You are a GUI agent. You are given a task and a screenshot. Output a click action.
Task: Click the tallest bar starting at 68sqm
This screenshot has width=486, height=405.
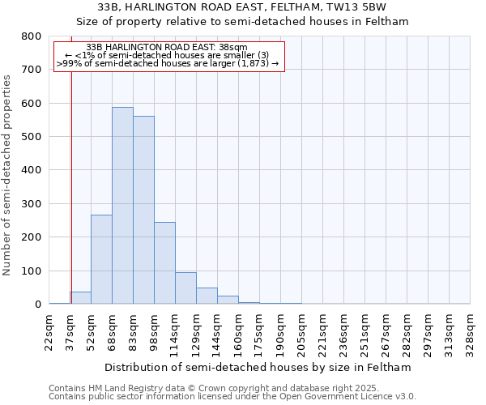pyautogui.click(x=122, y=206)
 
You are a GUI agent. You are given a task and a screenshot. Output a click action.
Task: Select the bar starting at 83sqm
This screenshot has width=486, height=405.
pyautogui.click(x=143, y=210)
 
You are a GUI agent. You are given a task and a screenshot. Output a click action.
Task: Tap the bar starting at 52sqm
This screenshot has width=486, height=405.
pyautogui.click(x=101, y=259)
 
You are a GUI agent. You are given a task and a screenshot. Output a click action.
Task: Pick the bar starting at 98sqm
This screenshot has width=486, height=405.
pyautogui.click(x=164, y=263)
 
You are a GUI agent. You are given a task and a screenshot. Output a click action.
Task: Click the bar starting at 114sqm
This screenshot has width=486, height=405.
pyautogui.click(x=185, y=288)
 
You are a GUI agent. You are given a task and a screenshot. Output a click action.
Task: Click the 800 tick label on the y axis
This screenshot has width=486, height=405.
pyautogui.click(x=31, y=36)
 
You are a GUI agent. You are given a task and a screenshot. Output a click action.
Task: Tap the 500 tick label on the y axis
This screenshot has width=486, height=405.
pyautogui.click(x=31, y=137)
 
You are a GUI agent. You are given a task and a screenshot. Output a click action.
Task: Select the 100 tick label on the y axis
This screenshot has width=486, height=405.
pyautogui.click(x=31, y=271)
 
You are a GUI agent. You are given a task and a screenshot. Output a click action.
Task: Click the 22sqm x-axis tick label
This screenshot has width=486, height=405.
pyautogui.click(x=49, y=329)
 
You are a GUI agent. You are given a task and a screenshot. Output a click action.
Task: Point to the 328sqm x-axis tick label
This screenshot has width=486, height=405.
pyautogui.click(x=470, y=329)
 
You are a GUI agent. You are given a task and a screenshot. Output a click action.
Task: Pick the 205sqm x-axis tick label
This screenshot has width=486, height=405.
pyautogui.click(x=301, y=329)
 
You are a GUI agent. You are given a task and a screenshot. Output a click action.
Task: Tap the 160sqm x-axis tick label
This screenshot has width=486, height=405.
pyautogui.click(x=238, y=329)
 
